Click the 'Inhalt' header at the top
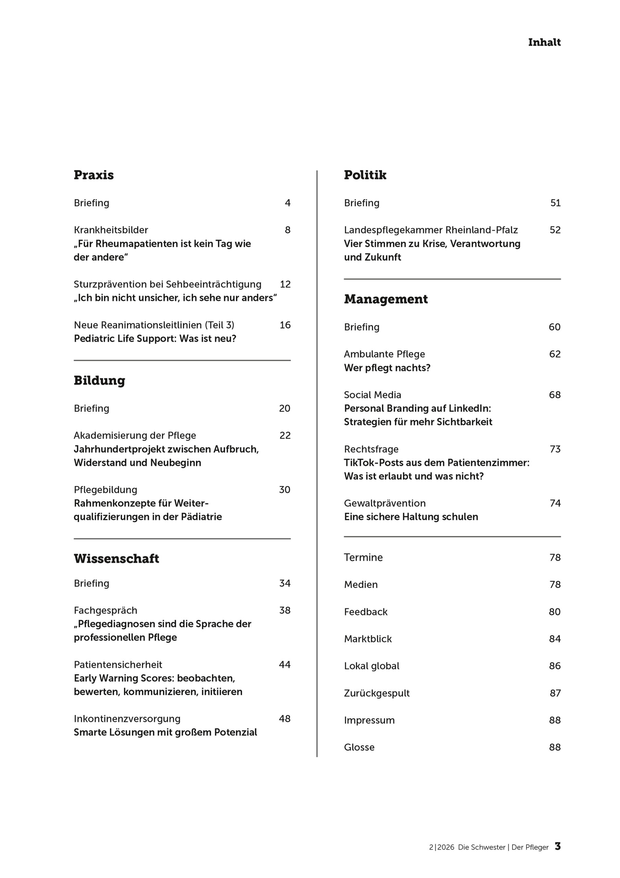(544, 43)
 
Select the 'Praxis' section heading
(94, 175)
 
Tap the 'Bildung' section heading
(99, 380)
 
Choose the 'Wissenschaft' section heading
(116, 559)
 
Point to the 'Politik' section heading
(365, 175)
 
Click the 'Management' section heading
(385, 299)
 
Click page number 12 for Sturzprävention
(285, 285)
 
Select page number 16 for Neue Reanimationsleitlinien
(285, 325)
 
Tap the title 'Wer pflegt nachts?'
(387, 368)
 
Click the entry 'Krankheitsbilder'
(111, 230)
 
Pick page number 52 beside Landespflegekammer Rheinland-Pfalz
(555, 230)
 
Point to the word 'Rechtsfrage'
(371, 449)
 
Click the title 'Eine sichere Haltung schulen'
(411, 517)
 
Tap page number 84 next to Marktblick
(555, 639)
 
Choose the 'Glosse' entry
(359, 747)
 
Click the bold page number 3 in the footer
(558, 847)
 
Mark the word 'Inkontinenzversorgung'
(127, 719)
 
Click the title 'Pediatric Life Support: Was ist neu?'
(155, 339)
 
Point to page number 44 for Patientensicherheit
(285, 665)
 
